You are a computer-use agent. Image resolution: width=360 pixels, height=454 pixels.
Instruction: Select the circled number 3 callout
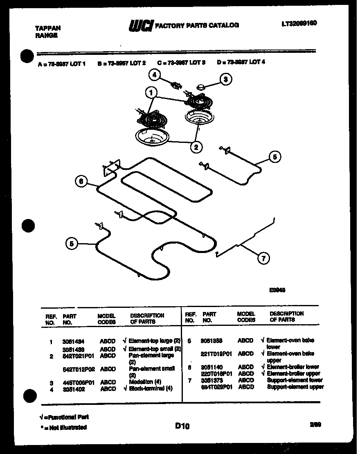pyautogui.click(x=225, y=79)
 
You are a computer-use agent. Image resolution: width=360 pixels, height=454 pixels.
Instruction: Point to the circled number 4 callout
pyautogui.click(x=154, y=75)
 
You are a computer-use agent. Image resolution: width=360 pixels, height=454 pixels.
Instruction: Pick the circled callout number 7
pyautogui.click(x=263, y=258)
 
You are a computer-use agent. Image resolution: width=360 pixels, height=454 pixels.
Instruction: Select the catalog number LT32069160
pyautogui.click(x=299, y=23)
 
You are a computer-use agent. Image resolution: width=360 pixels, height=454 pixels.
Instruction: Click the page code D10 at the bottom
pyautogui.click(x=182, y=426)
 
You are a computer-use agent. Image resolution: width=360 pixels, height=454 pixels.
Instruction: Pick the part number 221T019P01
pyautogui.click(x=216, y=353)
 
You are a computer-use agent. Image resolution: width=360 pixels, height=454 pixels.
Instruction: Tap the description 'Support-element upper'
pyautogui.click(x=295, y=387)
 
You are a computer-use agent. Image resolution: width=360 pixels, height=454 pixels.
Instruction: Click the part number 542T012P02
pyautogui.click(x=79, y=369)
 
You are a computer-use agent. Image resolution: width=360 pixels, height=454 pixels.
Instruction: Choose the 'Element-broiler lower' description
pyautogui.click(x=292, y=367)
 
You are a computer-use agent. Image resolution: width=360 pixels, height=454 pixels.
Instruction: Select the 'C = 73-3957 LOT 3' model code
pyautogui.click(x=181, y=63)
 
